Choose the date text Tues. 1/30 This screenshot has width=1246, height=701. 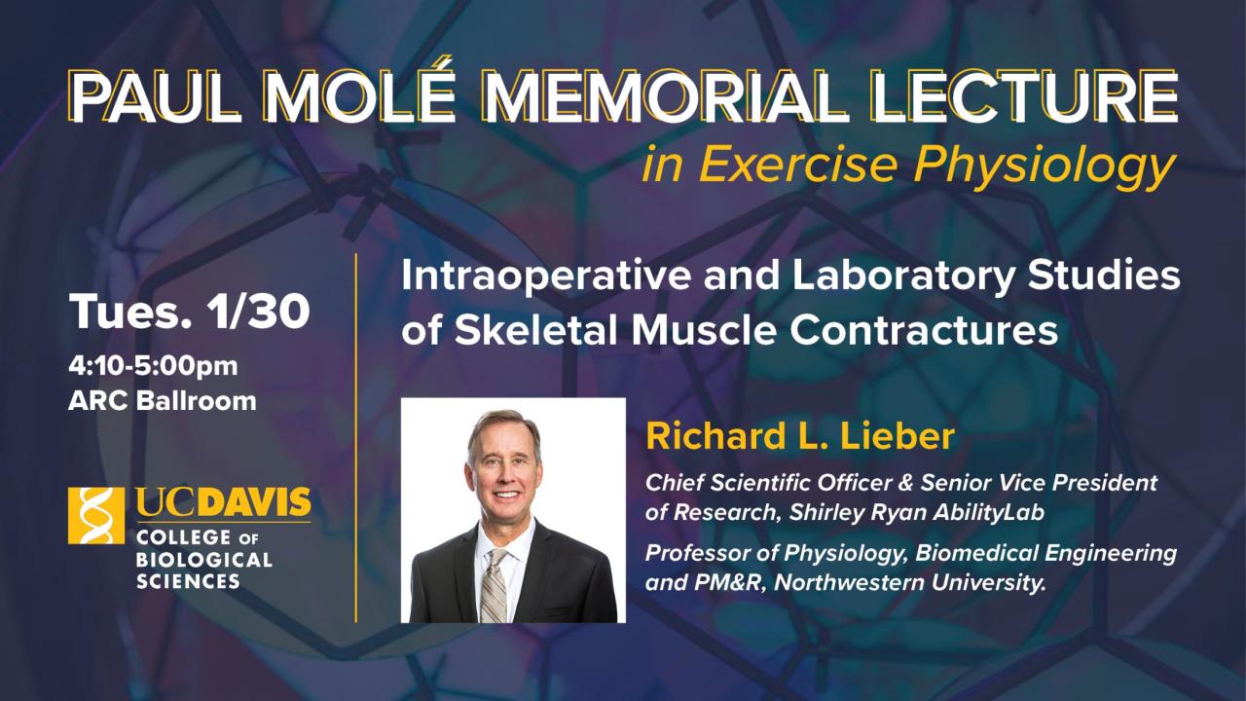coord(190,312)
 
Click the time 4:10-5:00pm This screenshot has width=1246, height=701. coord(153,367)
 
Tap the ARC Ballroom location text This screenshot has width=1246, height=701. coord(163,400)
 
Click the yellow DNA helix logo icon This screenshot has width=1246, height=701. coord(96,515)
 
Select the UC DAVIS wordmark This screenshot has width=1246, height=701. coord(223,504)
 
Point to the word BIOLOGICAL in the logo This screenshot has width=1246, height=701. coord(203,560)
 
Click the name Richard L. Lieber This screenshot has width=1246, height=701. coord(799,436)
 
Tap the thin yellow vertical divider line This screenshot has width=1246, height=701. coord(356,438)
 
